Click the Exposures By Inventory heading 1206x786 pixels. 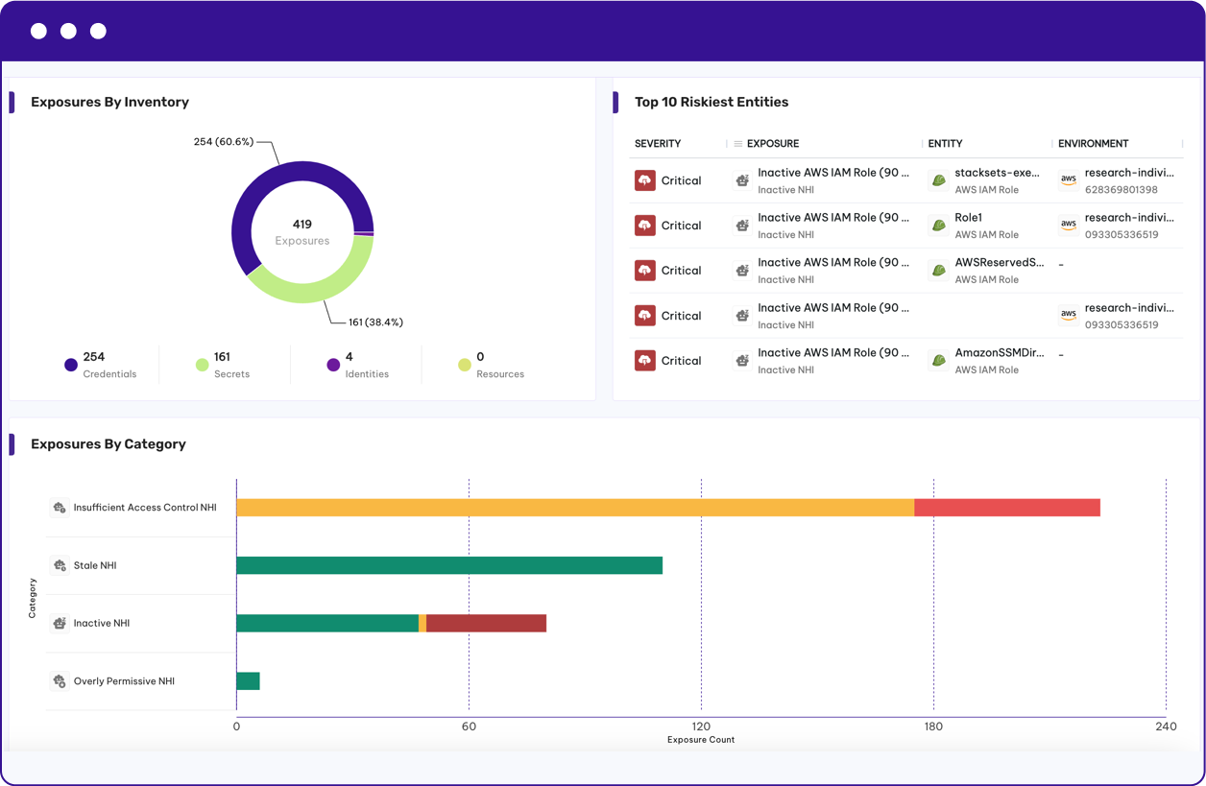109,102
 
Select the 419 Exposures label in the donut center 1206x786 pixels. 302,232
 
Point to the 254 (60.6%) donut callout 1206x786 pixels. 223,142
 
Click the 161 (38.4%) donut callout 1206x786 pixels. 375,322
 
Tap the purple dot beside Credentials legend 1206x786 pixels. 70,365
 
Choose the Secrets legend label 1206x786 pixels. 231,374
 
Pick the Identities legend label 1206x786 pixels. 367,374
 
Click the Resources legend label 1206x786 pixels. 499,374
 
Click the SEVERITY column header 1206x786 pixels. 658,144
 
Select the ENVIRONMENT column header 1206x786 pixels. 1093,144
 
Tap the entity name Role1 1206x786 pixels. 968,218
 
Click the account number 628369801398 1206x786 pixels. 1121,190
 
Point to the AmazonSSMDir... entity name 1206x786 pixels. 999,353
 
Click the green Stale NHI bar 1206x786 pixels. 448,565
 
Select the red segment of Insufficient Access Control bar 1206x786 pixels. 1006,508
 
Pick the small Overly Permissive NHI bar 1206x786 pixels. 248,681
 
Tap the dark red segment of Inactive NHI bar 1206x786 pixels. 486,624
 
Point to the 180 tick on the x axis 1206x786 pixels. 933,726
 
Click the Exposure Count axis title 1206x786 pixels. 701,740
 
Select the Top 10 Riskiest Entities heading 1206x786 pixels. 711,102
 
